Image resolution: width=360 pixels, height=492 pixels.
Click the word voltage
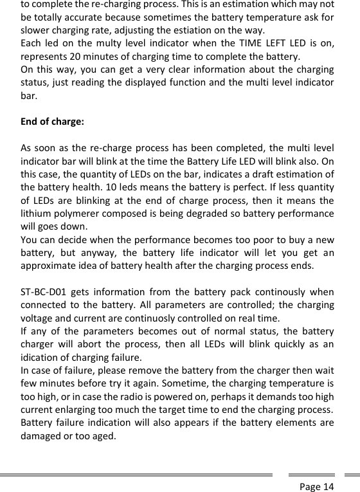[x=37, y=318]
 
